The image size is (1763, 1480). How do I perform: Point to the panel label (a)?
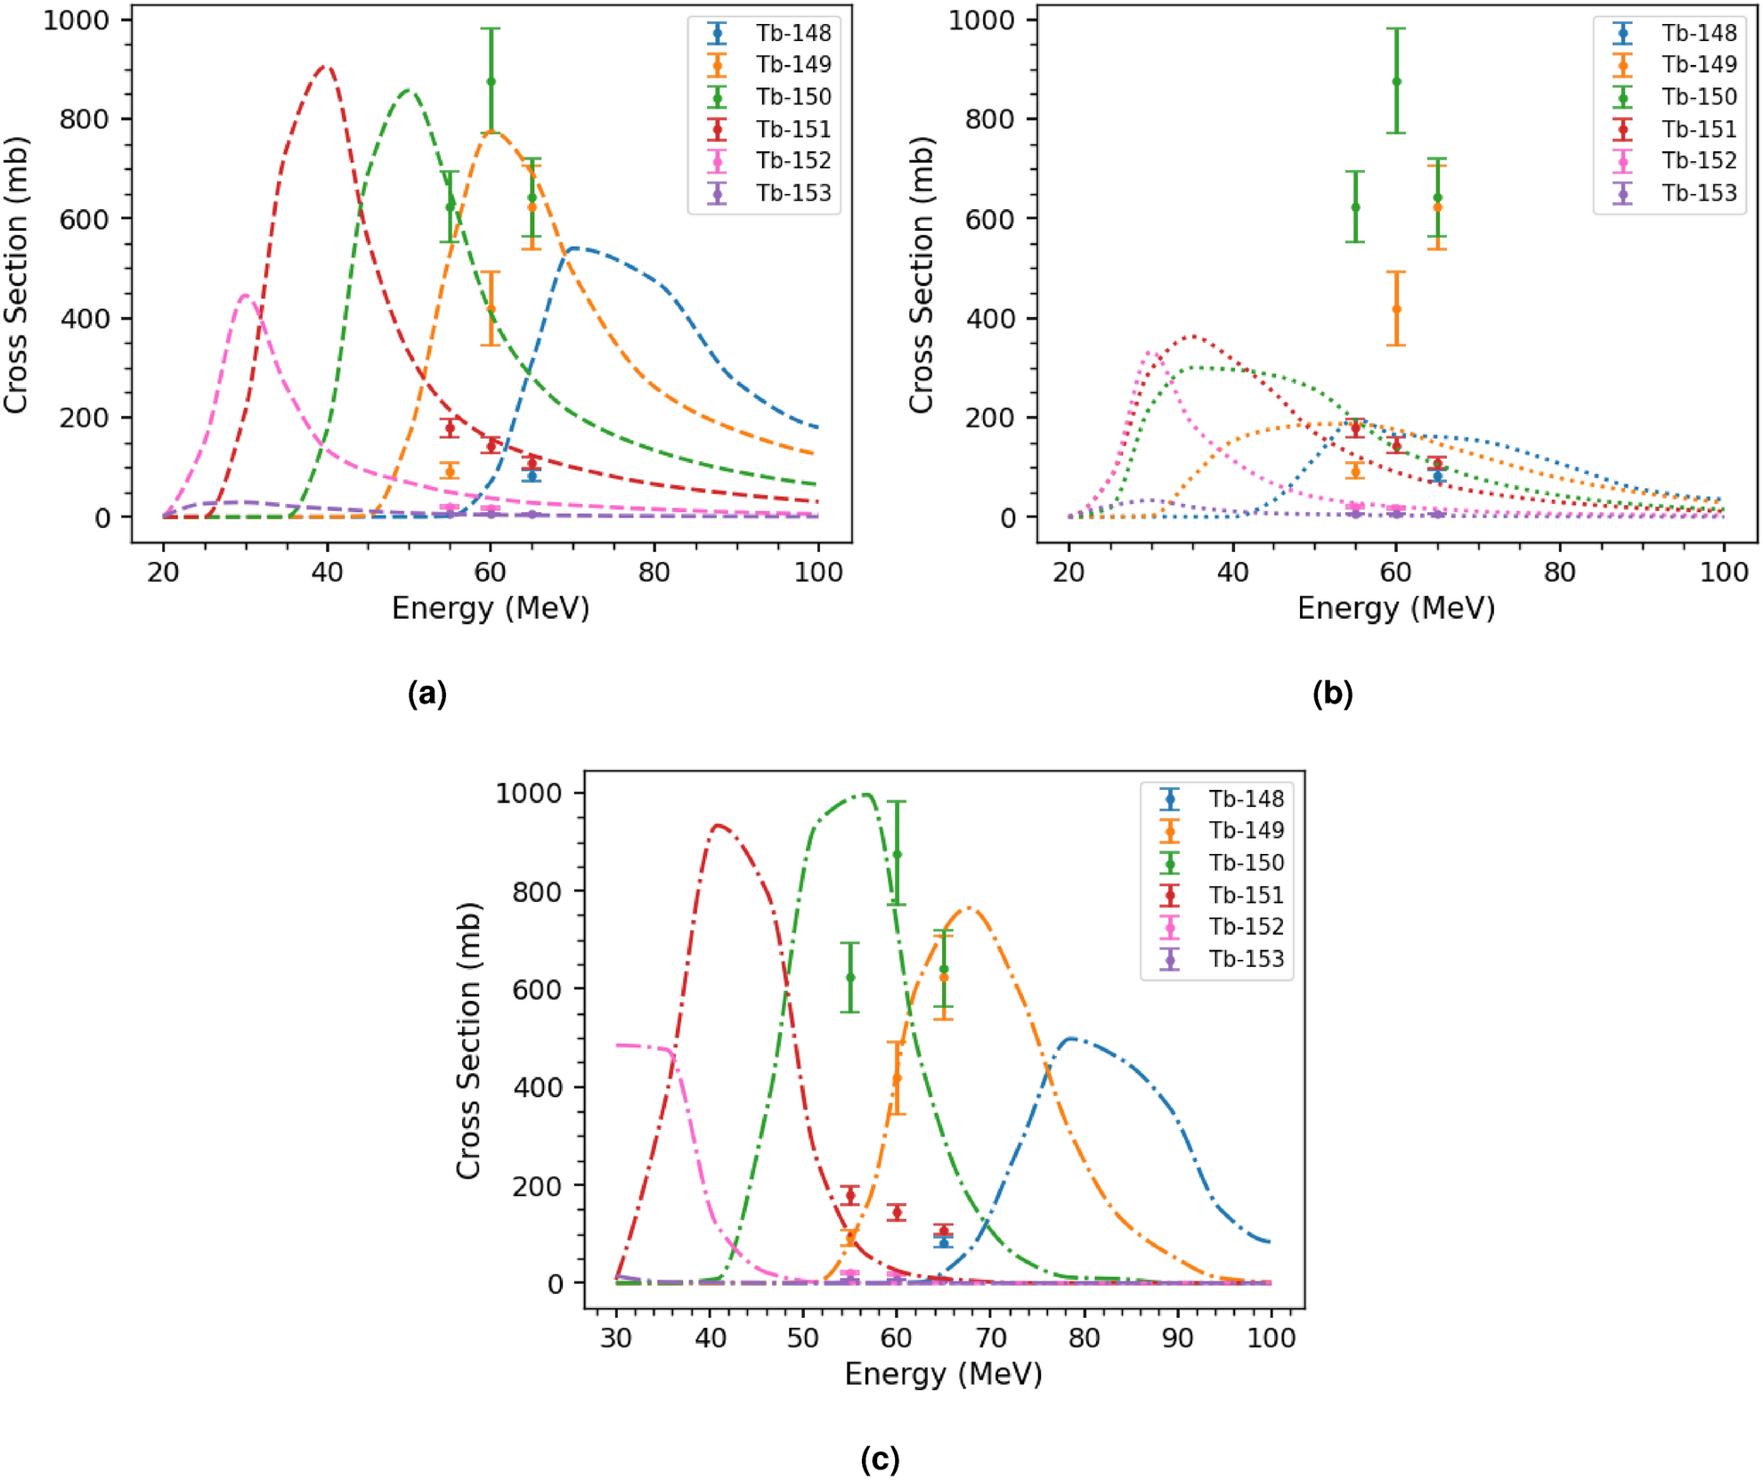(427, 694)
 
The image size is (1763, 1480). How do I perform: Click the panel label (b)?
(1332, 694)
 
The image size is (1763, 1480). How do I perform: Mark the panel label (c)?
(880, 1460)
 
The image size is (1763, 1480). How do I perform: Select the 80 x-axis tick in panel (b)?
(1559, 572)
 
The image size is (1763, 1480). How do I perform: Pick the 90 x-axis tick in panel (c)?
(1177, 1338)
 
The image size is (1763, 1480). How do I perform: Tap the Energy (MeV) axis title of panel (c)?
(943, 1374)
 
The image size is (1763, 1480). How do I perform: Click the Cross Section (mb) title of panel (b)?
(921, 274)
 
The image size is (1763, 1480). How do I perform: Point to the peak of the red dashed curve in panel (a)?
(326, 67)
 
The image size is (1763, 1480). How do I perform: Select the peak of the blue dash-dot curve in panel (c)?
(1069, 1038)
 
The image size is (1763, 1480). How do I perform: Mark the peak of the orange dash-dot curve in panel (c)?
(969, 908)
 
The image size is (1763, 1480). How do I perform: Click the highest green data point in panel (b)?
(1396, 81)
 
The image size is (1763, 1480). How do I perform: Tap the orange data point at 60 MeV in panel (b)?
(1396, 309)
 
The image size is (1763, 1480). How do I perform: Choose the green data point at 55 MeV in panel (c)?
(850, 977)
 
